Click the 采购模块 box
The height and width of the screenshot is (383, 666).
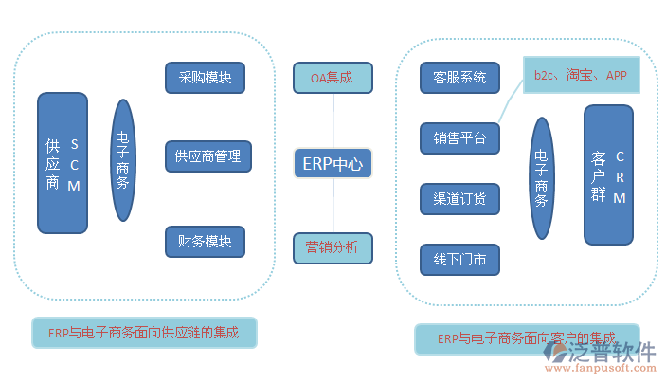click(205, 78)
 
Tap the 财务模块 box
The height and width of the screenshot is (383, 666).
click(205, 241)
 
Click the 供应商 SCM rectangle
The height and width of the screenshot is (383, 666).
click(63, 163)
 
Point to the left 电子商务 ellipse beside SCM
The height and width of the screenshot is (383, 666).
click(123, 160)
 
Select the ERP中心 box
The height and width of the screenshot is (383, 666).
click(333, 164)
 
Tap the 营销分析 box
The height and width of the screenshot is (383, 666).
click(333, 248)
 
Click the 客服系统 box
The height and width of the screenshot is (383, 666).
click(459, 78)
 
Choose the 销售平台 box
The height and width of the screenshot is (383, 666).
click(459, 138)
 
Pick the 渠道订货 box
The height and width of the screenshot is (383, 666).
click(459, 199)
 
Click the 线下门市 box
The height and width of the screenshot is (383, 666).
click(459, 260)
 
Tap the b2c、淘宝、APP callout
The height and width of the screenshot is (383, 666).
click(581, 75)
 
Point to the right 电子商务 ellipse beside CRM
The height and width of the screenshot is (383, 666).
click(542, 179)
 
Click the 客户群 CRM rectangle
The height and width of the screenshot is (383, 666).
click(608, 175)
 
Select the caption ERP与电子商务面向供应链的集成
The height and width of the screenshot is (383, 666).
click(144, 333)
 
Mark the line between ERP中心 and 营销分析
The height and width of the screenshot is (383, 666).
click(333, 206)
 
